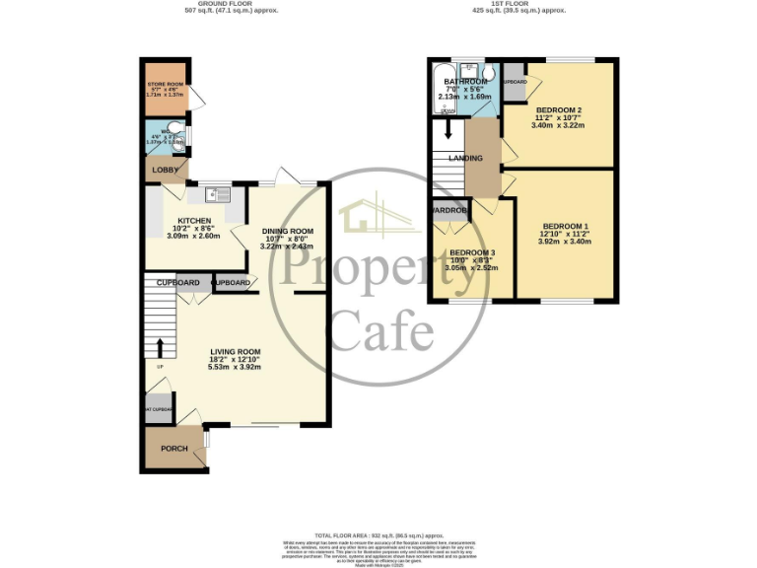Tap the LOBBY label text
162,170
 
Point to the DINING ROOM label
285,231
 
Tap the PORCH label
173,449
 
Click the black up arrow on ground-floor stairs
160,348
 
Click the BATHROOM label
465,82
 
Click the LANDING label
465,158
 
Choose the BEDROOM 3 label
471,252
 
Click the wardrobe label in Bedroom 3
449,210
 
